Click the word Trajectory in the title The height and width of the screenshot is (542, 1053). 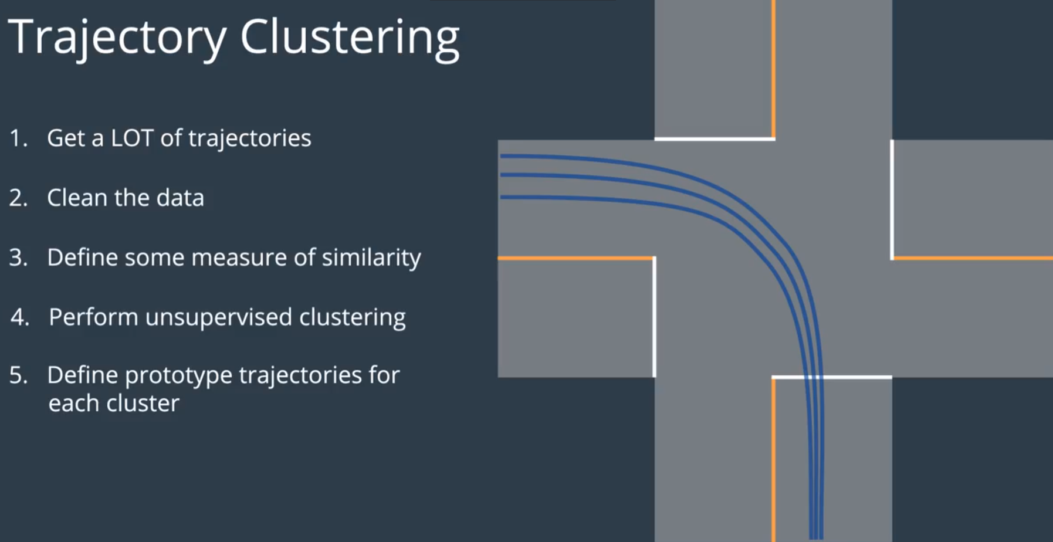(x=116, y=38)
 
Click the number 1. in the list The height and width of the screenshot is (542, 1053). (x=18, y=138)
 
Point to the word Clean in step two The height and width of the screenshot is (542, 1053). (x=77, y=198)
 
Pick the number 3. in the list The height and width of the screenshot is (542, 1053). (x=18, y=258)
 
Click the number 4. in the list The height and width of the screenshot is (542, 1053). (x=19, y=317)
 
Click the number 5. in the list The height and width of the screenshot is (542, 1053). (x=18, y=375)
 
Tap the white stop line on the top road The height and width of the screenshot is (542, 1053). (x=715, y=139)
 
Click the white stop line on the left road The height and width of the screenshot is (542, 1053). (x=655, y=317)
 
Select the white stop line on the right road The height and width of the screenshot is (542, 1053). (x=892, y=199)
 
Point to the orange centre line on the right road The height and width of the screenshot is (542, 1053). (x=973, y=258)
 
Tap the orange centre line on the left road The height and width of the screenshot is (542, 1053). (x=575, y=258)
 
